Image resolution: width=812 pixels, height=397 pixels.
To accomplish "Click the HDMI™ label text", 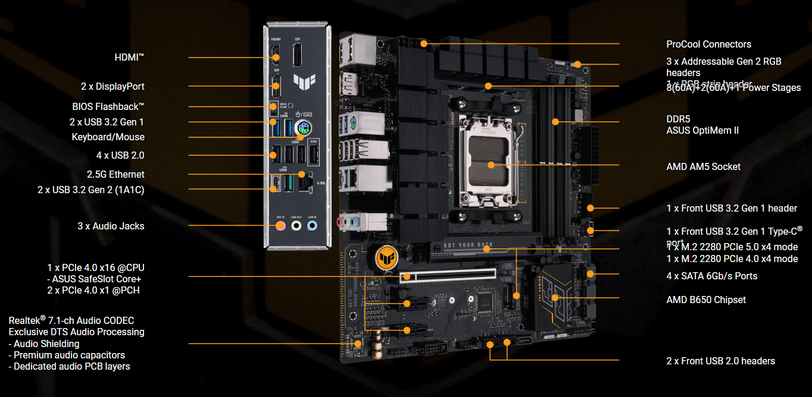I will (x=129, y=57).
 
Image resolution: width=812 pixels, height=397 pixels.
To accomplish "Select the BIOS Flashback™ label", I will (x=108, y=107).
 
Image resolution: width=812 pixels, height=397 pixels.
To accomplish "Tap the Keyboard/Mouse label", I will (x=108, y=137).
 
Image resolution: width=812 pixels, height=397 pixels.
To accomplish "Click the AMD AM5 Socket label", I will (x=703, y=166).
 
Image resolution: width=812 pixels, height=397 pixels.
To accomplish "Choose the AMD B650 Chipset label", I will (x=706, y=300).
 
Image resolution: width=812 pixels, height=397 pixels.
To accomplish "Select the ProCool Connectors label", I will (x=708, y=44).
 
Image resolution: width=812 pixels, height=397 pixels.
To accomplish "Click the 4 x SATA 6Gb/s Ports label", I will (x=712, y=276).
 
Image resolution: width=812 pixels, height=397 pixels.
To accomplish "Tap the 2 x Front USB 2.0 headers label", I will (x=720, y=361).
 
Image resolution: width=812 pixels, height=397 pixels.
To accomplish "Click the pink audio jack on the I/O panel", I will (x=280, y=226).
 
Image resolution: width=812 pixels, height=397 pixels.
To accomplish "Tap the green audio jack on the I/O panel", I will (x=296, y=226).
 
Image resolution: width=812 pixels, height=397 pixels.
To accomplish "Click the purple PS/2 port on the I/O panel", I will (x=304, y=126).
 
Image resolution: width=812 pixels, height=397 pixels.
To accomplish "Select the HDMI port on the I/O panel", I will (x=276, y=58).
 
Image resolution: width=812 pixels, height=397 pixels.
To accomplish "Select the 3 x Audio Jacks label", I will (x=111, y=226).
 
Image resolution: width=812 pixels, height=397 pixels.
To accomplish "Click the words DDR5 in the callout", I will (x=678, y=119).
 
